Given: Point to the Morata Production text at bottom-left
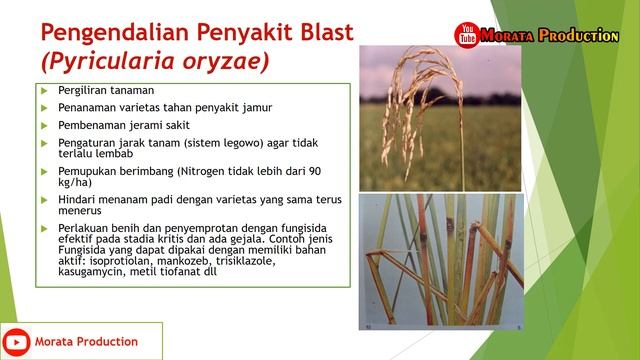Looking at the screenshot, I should (x=89, y=342).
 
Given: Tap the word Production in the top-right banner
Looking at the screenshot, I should (x=578, y=36).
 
